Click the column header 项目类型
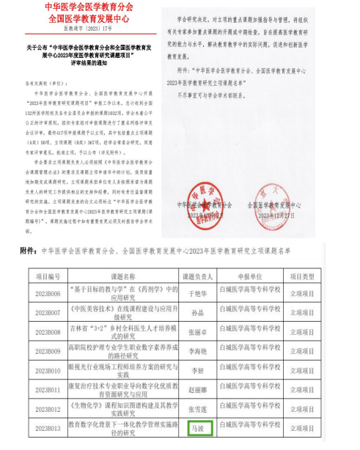point(322,276)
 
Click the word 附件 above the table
point(28,250)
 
